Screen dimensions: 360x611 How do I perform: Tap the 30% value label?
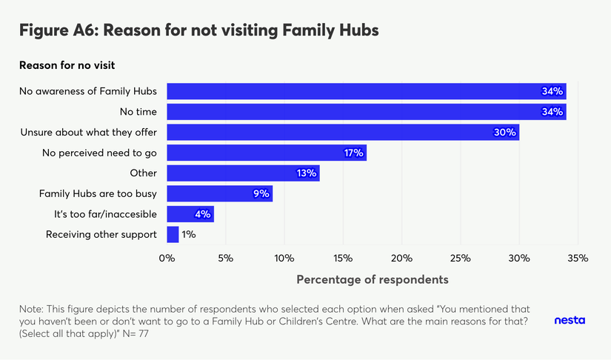(504, 133)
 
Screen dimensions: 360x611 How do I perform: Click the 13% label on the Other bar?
(306, 173)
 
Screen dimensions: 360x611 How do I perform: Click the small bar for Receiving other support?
(173, 235)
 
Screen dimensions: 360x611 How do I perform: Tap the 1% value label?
(189, 235)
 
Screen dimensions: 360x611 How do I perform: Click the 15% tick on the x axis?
(343, 259)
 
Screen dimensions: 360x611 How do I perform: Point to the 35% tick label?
(578, 259)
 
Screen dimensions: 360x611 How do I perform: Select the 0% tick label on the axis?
(167, 259)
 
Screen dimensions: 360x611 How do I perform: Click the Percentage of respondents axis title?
(373, 280)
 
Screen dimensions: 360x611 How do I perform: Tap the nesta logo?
(569, 321)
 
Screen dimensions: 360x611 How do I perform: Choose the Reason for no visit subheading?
(67, 65)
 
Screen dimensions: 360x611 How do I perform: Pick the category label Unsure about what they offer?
(88, 133)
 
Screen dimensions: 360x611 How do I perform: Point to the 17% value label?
(353, 153)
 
